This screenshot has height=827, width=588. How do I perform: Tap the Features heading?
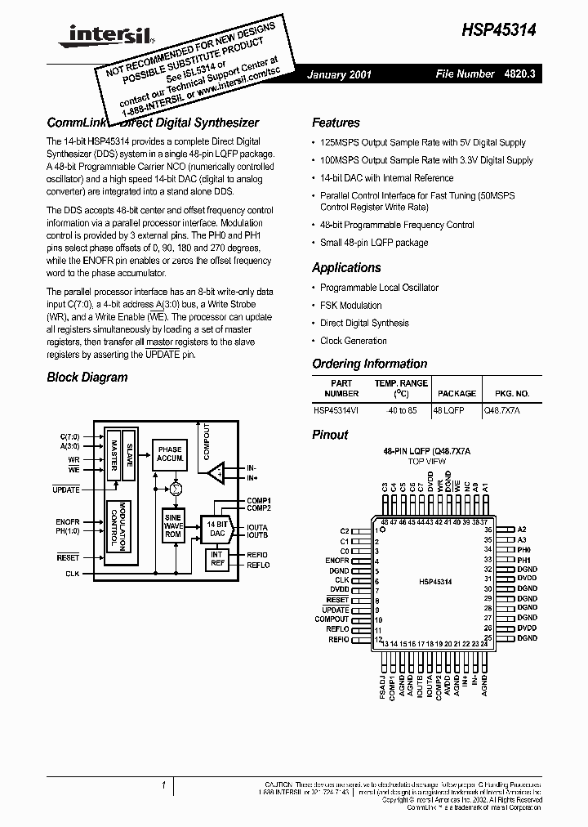[336, 123]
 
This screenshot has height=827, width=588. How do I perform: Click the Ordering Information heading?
[369, 364]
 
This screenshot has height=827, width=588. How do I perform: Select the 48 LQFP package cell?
[448, 410]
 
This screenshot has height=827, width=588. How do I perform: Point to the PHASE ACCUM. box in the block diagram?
[170, 454]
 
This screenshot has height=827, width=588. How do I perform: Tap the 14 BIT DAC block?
[217, 528]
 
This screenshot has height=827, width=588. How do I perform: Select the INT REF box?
[217, 559]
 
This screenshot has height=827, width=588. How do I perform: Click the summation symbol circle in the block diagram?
[174, 488]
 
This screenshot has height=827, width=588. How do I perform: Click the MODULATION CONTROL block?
[120, 527]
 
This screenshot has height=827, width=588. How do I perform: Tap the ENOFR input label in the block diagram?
[68, 521]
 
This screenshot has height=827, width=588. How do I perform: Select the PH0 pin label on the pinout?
[523, 550]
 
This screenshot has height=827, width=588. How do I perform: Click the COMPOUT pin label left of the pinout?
[332, 619]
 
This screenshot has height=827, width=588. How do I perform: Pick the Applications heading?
[346, 267]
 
